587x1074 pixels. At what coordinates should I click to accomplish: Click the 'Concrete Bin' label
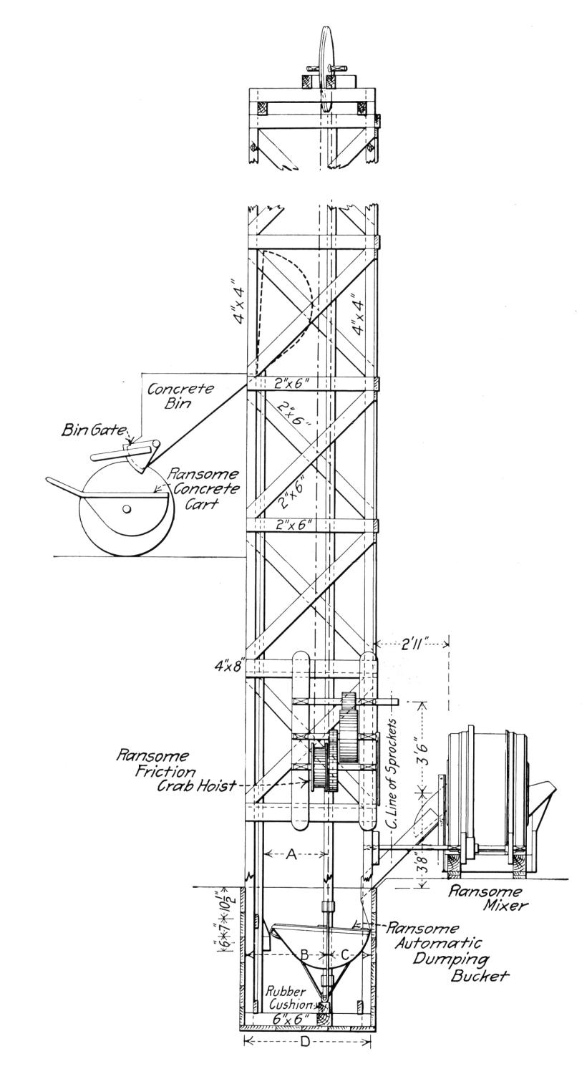point(180,395)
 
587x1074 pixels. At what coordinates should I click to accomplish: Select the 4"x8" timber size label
point(231,667)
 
